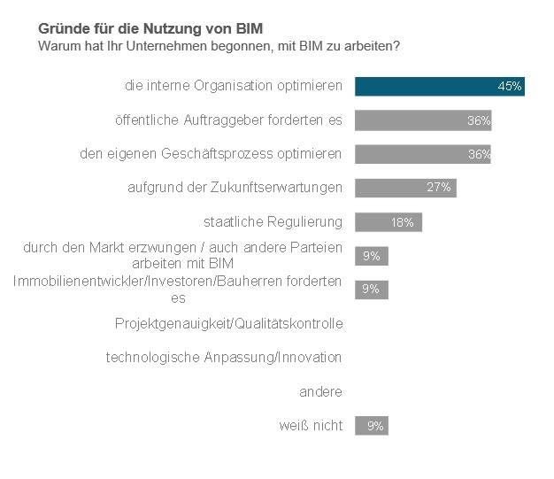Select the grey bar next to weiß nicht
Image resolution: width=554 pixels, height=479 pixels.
pyautogui.click(x=372, y=426)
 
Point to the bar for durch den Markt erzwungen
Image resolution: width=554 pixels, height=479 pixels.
pyautogui.click(x=372, y=256)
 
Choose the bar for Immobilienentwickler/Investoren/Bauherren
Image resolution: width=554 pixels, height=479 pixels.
pyautogui.click(x=372, y=289)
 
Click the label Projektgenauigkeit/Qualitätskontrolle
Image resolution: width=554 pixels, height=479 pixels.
pyautogui.click(x=228, y=323)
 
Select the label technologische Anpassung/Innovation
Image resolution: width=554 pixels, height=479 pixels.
pyautogui.click(x=224, y=358)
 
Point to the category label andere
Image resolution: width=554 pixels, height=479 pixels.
pyautogui.click(x=321, y=391)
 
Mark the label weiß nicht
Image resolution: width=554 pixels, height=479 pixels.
pyautogui.click(x=310, y=426)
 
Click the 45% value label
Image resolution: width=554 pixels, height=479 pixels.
pyautogui.click(x=510, y=87)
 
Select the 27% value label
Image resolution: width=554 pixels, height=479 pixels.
pyautogui.click(x=439, y=188)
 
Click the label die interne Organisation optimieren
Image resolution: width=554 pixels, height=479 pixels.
pyautogui.click(x=233, y=87)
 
